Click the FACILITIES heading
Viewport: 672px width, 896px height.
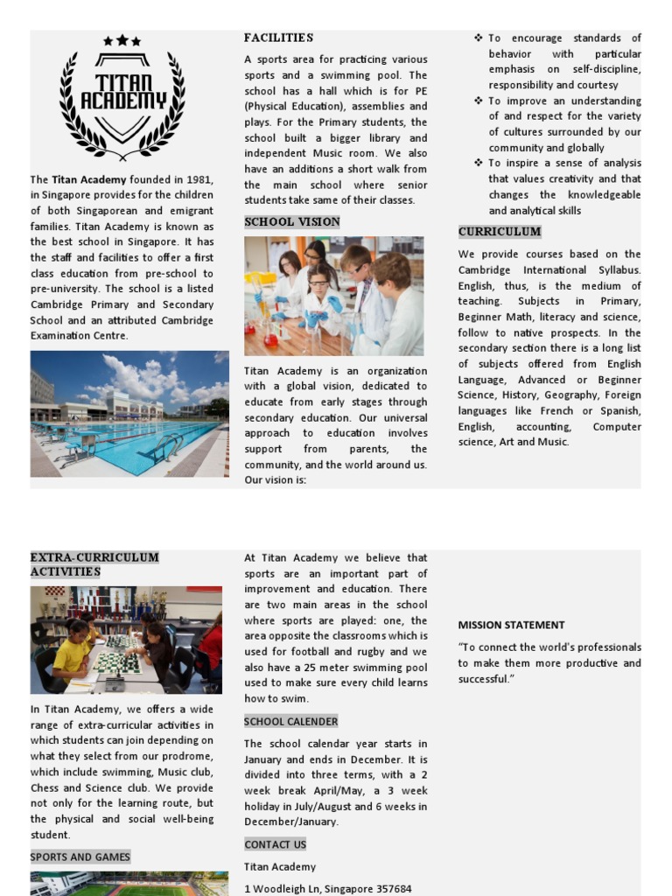[x=278, y=38]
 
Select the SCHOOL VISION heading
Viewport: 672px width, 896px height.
[x=291, y=222]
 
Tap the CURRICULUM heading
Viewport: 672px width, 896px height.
[x=500, y=232]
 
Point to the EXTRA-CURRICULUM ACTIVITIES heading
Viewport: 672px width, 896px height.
[x=94, y=564]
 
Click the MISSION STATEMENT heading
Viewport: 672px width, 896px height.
[x=511, y=625]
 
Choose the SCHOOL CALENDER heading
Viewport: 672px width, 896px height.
[x=290, y=722]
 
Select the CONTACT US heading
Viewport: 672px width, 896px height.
[x=275, y=844]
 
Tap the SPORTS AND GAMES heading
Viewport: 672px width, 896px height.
[x=80, y=857]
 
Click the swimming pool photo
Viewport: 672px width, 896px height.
[x=129, y=414]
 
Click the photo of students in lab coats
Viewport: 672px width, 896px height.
[x=333, y=296]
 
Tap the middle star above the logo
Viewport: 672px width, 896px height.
[x=122, y=40]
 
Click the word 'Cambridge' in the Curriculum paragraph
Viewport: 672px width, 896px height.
[x=488, y=270]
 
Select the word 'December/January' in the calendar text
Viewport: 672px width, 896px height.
[x=290, y=822]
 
